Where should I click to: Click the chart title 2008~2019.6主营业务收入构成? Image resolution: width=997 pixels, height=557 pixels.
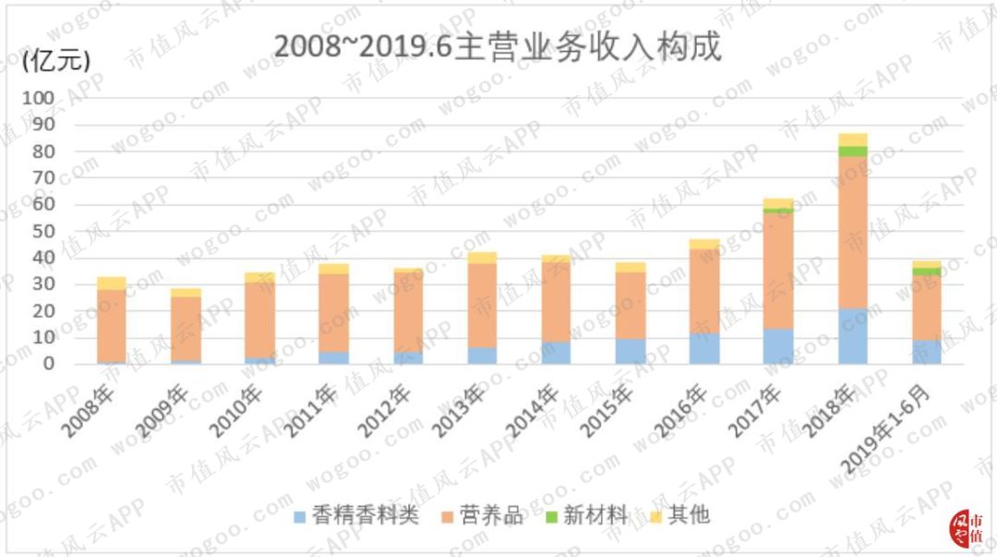[x=497, y=46]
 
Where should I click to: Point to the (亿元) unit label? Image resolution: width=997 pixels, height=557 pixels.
[x=55, y=62]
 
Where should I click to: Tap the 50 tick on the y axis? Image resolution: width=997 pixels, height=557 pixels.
[x=45, y=231]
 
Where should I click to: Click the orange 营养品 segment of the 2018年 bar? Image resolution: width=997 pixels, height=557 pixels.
[x=853, y=232]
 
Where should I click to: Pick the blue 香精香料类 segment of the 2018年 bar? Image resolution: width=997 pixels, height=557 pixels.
[x=853, y=336]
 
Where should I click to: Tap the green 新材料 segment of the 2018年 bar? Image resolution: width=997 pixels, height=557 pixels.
[x=853, y=151]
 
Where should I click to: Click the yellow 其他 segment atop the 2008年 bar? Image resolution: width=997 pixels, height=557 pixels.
[x=111, y=283]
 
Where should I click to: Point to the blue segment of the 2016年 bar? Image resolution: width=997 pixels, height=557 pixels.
[x=704, y=348]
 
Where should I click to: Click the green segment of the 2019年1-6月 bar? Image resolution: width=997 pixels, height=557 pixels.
[x=927, y=272]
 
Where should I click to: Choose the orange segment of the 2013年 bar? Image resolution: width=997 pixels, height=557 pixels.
[x=482, y=305]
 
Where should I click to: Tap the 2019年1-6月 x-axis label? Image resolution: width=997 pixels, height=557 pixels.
[x=895, y=425]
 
